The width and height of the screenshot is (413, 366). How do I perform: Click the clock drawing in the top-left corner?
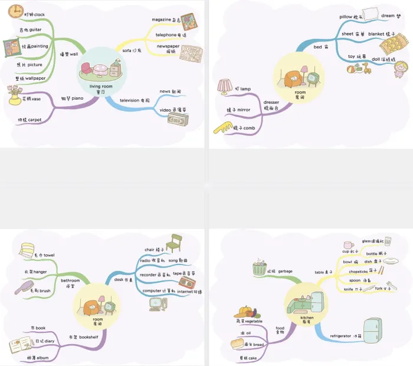tap(15, 10)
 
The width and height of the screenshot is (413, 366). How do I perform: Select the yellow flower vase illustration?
tap(15, 96)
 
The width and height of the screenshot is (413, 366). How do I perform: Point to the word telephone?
tap(165, 35)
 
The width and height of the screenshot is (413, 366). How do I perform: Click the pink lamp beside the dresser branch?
tap(225, 87)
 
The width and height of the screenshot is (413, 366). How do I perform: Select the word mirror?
tap(242, 110)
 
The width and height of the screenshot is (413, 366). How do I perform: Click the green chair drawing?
tap(175, 241)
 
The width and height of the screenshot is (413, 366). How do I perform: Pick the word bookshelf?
tap(88, 337)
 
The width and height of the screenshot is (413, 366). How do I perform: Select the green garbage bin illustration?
tap(259, 269)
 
